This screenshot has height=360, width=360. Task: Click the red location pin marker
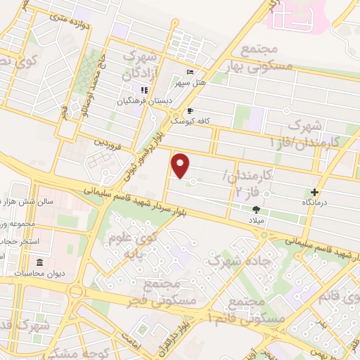181,165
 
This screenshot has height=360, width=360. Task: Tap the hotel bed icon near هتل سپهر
191,72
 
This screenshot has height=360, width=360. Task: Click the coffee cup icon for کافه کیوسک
190,111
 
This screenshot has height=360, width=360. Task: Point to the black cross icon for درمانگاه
314,191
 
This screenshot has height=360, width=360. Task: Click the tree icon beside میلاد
256,210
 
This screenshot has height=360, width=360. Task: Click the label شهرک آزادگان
139,64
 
